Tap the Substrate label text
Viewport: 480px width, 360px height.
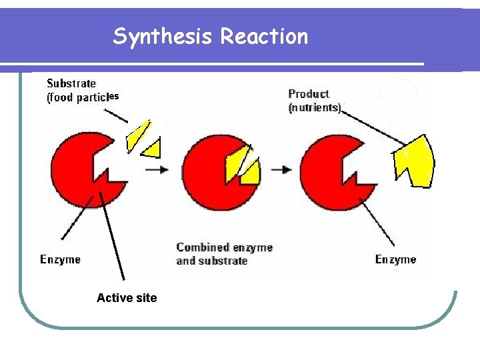tap(71, 83)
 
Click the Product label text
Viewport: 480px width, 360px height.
tap(309, 94)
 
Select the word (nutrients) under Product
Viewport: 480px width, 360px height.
tap(315, 107)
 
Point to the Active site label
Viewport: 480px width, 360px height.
tap(127, 298)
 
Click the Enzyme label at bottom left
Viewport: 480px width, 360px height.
tap(60, 259)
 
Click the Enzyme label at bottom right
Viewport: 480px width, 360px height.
tap(395, 259)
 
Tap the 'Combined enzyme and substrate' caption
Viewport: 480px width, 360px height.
tap(224, 254)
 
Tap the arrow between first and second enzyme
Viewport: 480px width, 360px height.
tap(157, 169)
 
